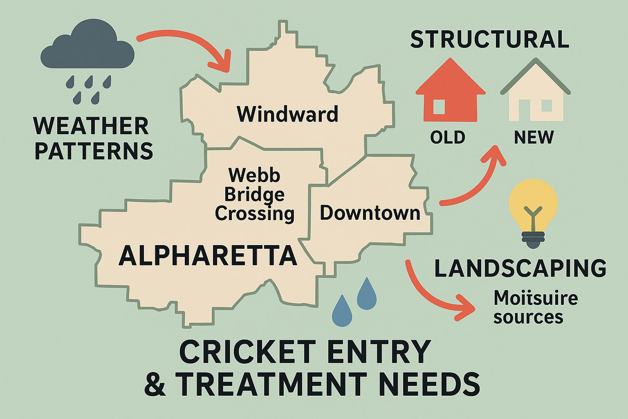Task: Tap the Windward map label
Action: [287, 114]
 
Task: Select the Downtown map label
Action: [370, 213]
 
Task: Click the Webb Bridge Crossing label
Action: [254, 194]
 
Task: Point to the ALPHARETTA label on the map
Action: [208, 255]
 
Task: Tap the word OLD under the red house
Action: [448, 137]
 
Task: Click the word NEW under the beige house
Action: [534, 137]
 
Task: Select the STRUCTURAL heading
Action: [489, 39]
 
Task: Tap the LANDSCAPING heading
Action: [520, 268]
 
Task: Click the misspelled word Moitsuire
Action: [536, 298]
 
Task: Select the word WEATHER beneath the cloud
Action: [91, 126]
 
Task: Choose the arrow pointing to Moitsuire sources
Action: [433, 295]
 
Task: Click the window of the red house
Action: [439, 107]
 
